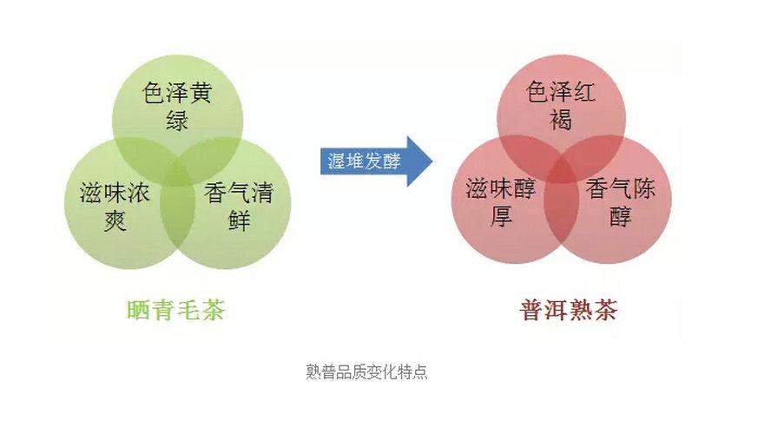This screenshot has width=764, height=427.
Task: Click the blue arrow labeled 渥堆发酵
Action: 376,161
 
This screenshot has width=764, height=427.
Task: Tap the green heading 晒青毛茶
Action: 176,310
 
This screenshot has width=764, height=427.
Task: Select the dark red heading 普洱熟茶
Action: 569,310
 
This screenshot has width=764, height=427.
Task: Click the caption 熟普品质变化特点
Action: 367,371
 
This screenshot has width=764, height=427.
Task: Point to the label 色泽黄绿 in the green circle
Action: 177,107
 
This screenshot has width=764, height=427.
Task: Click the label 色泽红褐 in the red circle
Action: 561,106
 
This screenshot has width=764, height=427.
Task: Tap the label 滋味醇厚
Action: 501,202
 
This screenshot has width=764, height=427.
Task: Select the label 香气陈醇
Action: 621,202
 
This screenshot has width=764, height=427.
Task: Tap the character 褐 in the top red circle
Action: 561,119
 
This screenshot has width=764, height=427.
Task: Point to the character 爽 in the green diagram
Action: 115,220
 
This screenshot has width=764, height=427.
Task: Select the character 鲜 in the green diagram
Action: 240,220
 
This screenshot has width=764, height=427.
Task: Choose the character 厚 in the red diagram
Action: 502,217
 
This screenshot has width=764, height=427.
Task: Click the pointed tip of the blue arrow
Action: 432,161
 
